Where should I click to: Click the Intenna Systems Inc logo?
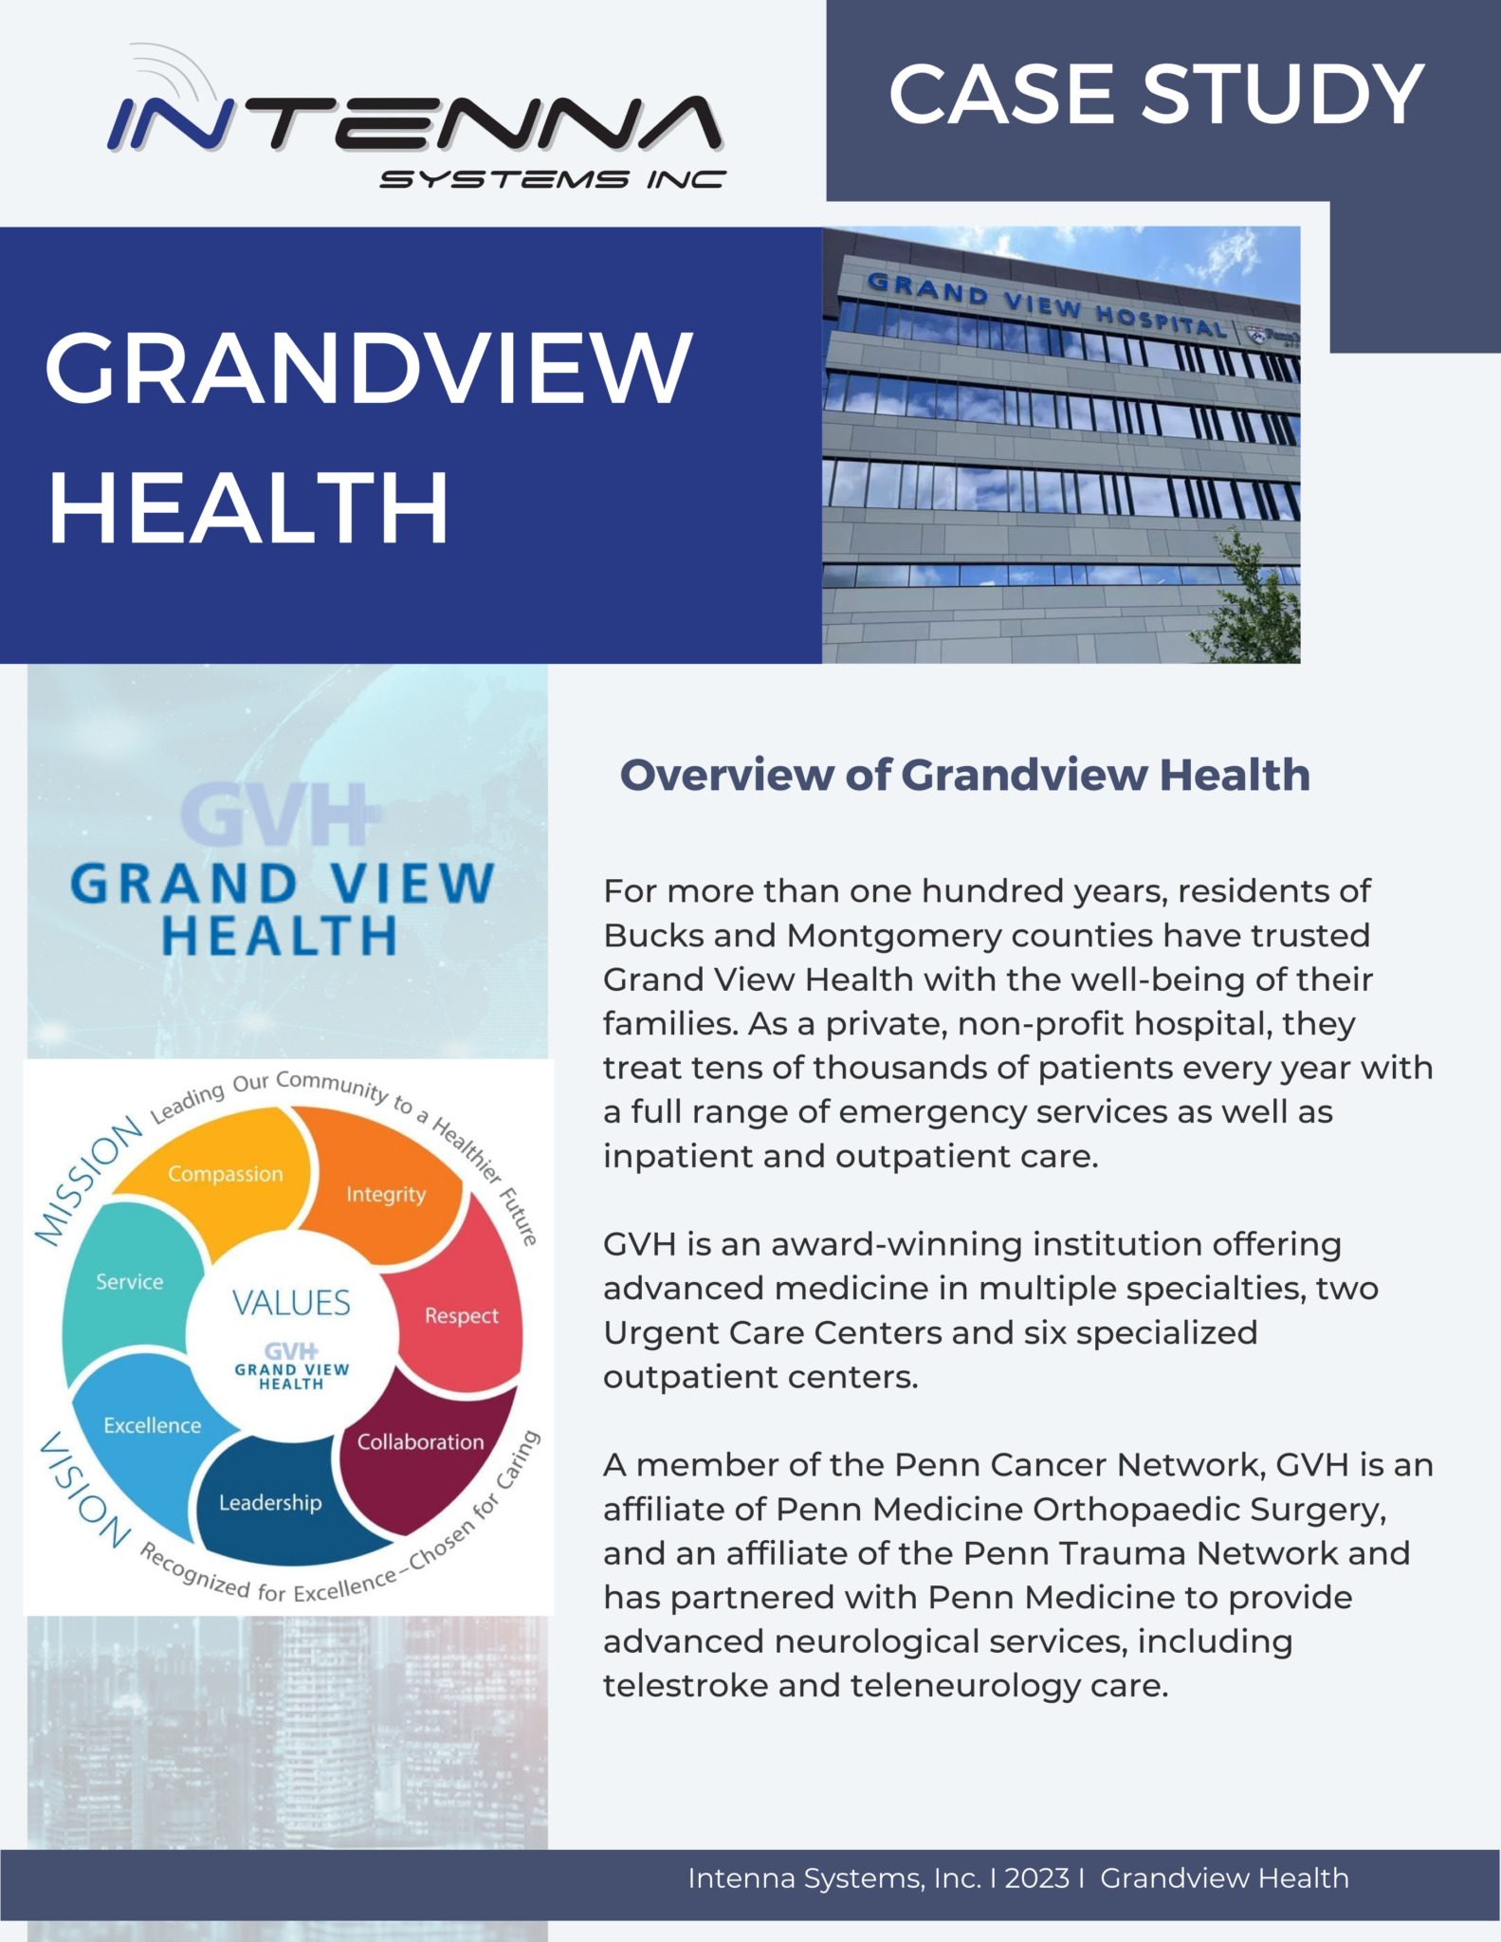[417, 128]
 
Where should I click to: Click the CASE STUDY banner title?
[1156, 95]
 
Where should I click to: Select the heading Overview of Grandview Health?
[964, 775]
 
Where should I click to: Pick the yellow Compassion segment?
[226, 1174]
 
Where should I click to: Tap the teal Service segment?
[130, 1282]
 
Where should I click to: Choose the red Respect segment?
[462, 1315]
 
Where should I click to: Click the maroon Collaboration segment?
[420, 1442]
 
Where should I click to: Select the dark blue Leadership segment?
[270, 1503]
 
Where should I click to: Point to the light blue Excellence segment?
[153, 1425]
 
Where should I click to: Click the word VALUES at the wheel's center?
[291, 1303]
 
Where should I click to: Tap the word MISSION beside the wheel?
[87, 1181]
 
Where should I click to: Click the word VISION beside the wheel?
[84, 1489]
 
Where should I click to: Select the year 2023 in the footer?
[1036, 1878]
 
